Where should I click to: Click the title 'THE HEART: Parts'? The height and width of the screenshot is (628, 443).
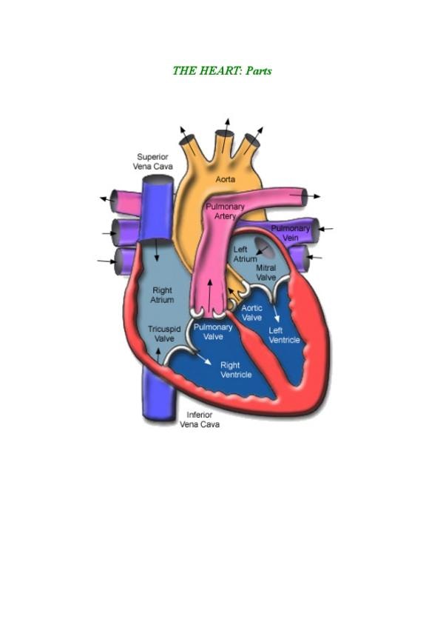coord(222,71)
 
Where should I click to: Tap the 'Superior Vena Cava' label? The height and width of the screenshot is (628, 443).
coord(153,161)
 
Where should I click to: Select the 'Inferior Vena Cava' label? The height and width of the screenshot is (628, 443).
coord(200,419)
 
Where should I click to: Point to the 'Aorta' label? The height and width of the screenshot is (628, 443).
coord(226,179)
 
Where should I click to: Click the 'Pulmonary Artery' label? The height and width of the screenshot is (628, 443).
coord(225,212)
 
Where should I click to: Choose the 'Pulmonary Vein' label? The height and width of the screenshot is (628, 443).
coord(291,233)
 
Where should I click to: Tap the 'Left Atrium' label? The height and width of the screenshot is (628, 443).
coord(245,254)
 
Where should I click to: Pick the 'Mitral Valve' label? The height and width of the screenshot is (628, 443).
coord(266,273)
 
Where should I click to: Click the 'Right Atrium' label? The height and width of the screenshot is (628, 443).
coord(162,295)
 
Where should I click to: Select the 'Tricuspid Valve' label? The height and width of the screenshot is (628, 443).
coord(164,333)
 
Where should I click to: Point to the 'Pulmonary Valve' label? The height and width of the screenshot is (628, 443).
coord(213,332)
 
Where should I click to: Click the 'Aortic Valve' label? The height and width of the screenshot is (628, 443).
coord(252,313)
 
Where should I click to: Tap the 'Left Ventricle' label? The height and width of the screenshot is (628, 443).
coord(284,335)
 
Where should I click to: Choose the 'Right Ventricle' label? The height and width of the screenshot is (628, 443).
coord(236,370)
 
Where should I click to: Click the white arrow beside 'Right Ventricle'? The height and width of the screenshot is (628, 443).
coord(203,358)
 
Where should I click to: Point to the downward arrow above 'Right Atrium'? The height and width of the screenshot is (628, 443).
coord(157,250)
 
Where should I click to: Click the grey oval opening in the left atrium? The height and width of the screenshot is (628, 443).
coord(264,247)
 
